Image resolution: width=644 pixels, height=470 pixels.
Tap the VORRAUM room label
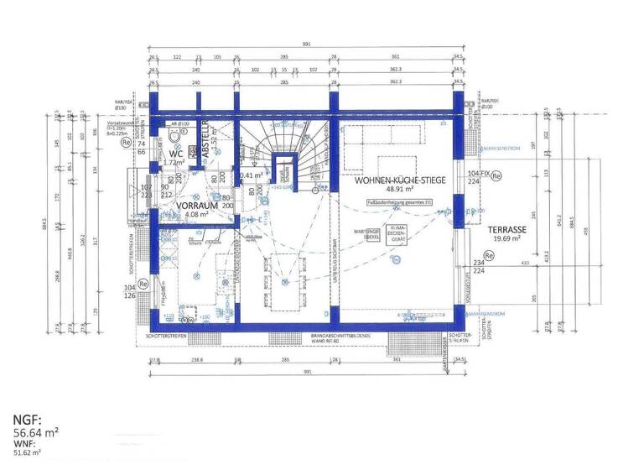point(181,205)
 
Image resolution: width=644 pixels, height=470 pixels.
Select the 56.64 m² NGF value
point(35,433)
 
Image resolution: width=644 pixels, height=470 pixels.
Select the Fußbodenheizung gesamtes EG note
point(404,201)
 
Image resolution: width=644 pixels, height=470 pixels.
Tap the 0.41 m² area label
point(251,175)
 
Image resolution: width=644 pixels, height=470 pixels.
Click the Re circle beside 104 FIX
point(496,176)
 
